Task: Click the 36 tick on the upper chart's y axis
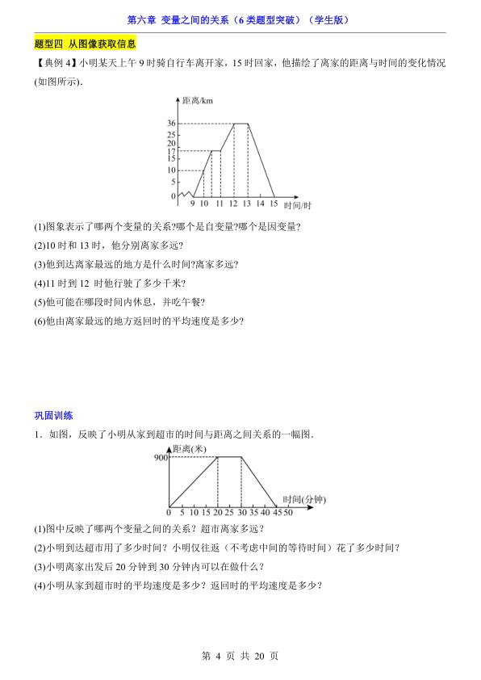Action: click(x=171, y=124)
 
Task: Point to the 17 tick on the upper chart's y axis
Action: click(x=171, y=151)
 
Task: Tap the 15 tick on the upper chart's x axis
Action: click(x=274, y=205)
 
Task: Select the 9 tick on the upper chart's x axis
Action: click(x=193, y=205)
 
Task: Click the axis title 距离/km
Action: click(x=198, y=99)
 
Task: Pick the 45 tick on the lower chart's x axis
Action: click(x=277, y=512)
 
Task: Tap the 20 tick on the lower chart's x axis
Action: click(x=217, y=512)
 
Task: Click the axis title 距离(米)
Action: click(x=190, y=449)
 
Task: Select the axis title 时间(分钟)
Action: click(x=303, y=500)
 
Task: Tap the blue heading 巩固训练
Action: click(x=53, y=416)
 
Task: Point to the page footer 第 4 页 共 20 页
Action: click(x=240, y=656)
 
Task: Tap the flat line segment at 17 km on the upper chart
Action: click(x=216, y=150)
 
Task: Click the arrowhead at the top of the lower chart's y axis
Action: click(x=169, y=446)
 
